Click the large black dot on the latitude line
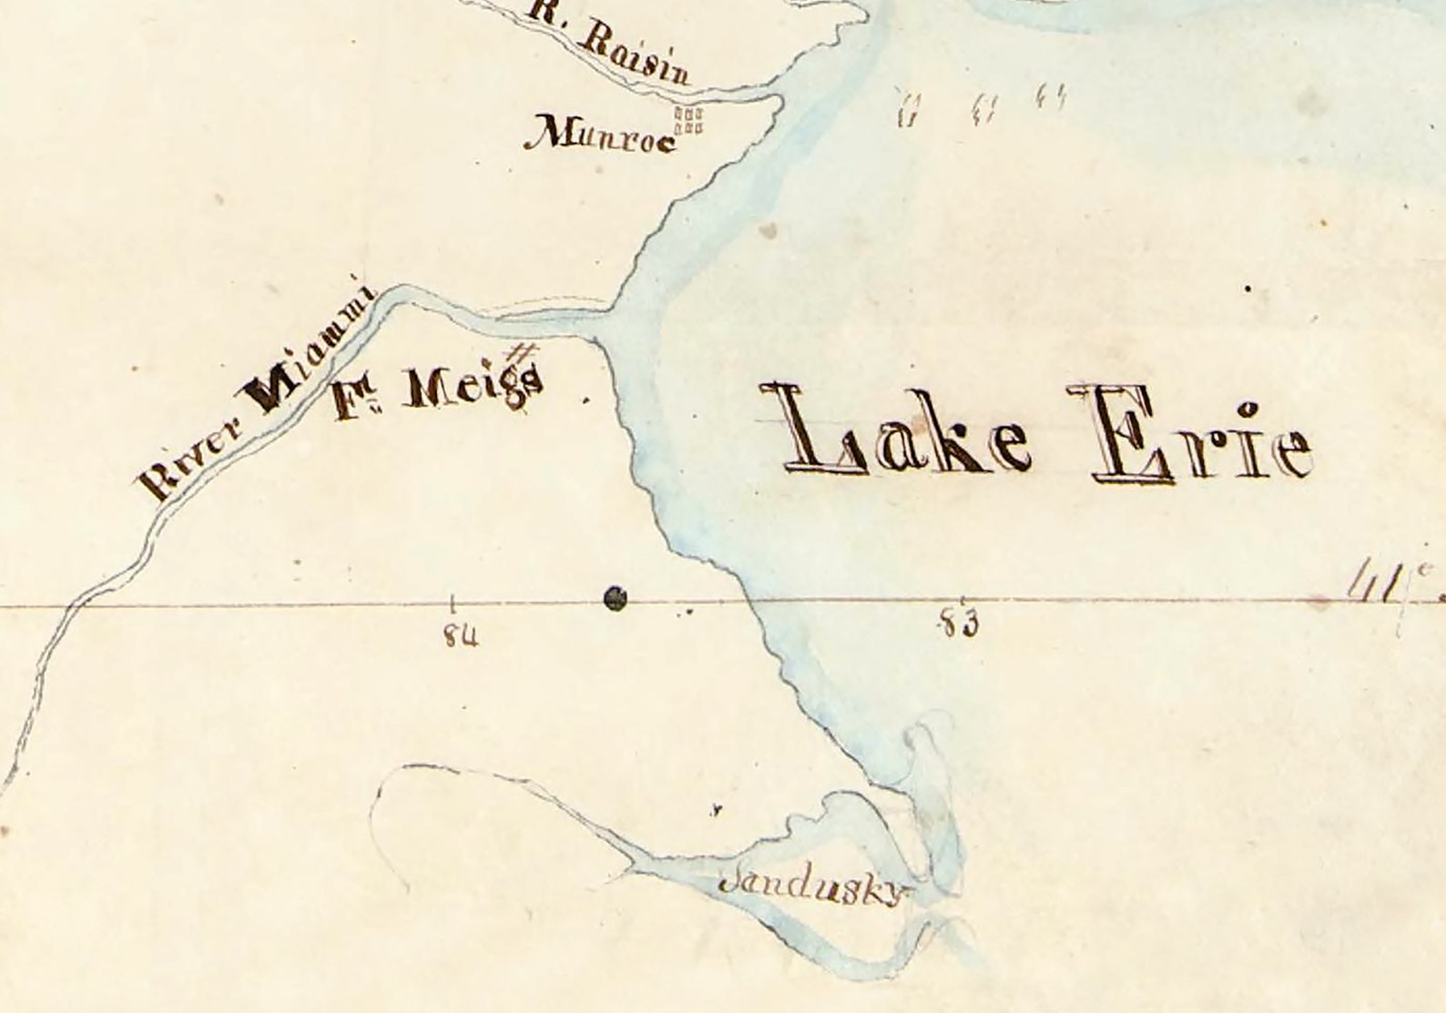tap(616, 598)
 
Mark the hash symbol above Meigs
tap(524, 351)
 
